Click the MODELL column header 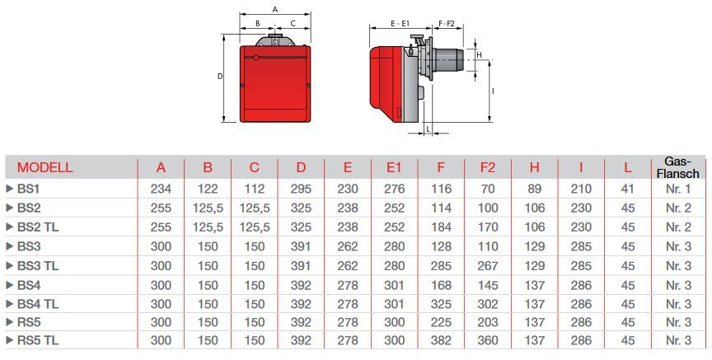[45, 167]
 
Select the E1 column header [394, 167]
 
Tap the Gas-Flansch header [678, 167]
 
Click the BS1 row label [28, 189]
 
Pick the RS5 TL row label [38, 340]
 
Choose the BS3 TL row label [38, 265]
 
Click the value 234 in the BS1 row [161, 189]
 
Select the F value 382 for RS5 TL [441, 340]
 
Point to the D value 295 [301, 189]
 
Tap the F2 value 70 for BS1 [488, 189]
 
